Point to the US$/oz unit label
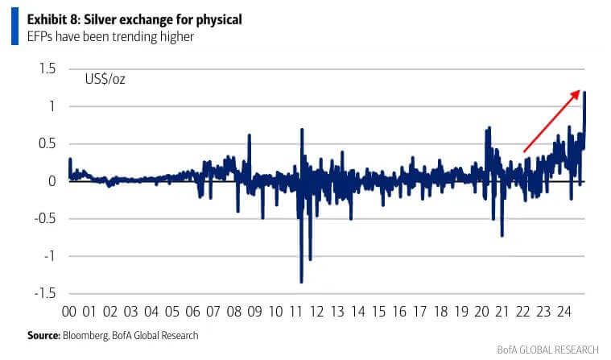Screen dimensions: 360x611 [x=105, y=79]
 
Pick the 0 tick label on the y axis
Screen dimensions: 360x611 [x=52, y=181]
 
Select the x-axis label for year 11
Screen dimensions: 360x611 [x=296, y=312]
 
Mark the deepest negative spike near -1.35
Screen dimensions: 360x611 [x=301, y=282]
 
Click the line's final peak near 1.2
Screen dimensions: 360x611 [x=584, y=93]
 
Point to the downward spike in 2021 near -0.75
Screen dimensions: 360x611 [x=502, y=235]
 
